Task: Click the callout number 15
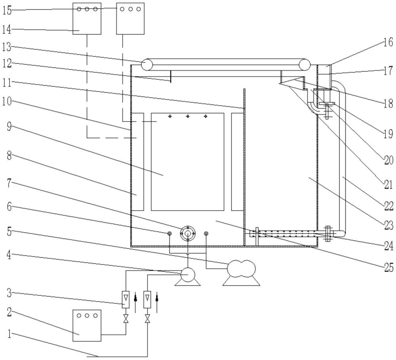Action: tap(7, 11)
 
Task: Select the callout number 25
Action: tap(388, 267)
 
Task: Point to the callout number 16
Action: tap(388, 42)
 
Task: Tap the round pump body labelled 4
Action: tap(188, 275)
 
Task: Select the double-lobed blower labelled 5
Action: tap(241, 269)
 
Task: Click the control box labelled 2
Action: tap(87, 326)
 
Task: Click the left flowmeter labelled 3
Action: tap(125, 299)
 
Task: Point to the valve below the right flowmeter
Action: tap(147, 320)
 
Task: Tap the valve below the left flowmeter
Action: tap(125, 320)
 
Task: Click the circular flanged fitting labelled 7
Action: tap(188, 233)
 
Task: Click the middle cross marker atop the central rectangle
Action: tap(188, 116)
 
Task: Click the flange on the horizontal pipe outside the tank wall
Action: tap(328, 234)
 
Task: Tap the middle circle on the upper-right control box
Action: tap(131, 9)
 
